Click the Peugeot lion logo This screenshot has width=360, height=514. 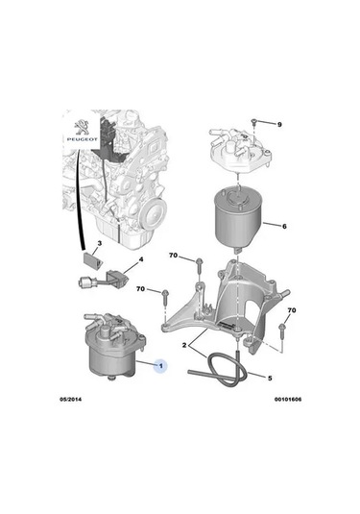click(82, 128)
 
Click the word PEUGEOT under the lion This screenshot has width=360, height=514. click(83, 139)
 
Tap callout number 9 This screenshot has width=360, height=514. click(279, 125)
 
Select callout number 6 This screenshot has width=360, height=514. click(284, 226)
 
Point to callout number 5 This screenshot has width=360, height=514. click(270, 379)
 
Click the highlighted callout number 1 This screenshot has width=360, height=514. click(161, 365)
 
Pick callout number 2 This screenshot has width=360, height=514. click(184, 345)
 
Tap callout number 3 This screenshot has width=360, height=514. click(100, 243)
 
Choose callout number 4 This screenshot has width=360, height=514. click(141, 259)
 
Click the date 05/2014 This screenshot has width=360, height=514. click(70, 400)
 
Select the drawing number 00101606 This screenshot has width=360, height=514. click(288, 400)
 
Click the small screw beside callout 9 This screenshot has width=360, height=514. click(253, 122)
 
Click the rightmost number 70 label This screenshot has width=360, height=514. click(292, 310)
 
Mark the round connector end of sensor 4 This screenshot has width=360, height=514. click(84, 281)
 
